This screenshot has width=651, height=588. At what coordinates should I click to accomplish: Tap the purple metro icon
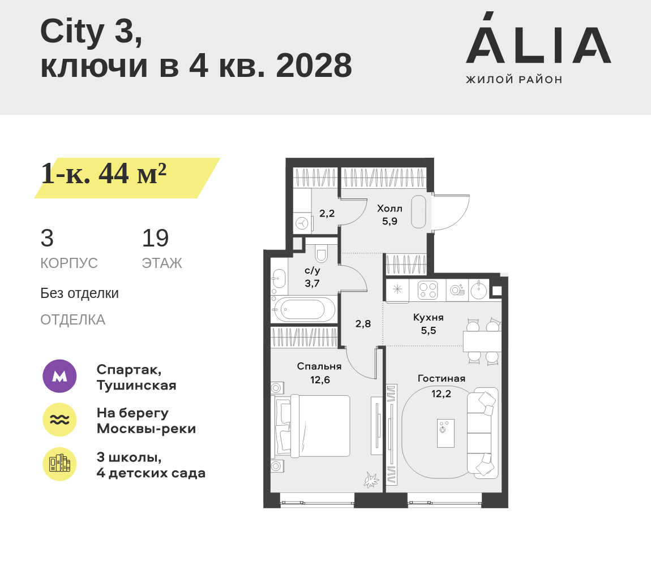coord(60,376)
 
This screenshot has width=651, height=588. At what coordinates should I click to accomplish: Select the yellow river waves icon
coord(60,420)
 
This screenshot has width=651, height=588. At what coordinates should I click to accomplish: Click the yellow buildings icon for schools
coord(60,464)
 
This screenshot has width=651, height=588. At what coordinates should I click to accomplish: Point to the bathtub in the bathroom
coord(304,309)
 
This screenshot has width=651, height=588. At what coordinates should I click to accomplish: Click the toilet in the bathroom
coord(321,253)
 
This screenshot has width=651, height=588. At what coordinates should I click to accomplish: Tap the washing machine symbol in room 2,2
coord(302,223)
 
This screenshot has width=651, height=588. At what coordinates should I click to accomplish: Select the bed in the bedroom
coord(311,426)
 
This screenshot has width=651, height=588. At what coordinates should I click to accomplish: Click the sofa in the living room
coord(482,431)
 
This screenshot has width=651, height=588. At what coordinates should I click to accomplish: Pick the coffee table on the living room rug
coord(446,433)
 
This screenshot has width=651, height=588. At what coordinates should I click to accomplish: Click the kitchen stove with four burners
coord(427,289)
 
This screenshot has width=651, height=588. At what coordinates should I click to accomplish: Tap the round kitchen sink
coord(479,289)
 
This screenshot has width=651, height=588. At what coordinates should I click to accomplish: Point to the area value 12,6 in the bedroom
coord(320,380)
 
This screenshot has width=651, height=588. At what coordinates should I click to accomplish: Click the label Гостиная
coord(442,378)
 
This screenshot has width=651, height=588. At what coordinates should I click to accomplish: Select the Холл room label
coord(389,209)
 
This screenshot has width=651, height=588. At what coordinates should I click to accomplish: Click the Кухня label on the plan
coord(429,318)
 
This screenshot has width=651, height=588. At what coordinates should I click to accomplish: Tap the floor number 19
coord(155,238)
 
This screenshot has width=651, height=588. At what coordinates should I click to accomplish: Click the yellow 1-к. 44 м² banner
coord(127,178)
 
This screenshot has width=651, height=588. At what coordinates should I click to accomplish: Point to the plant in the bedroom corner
coord(371,480)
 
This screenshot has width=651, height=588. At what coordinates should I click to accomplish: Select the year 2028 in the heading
coord(314,66)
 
